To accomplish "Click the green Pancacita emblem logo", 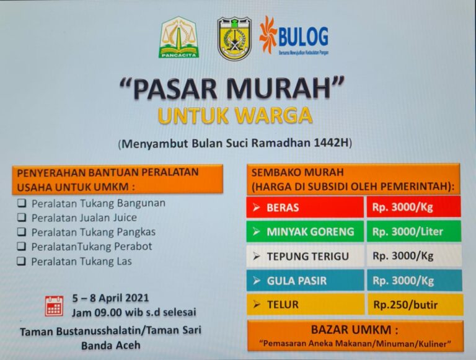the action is (x=178, y=37).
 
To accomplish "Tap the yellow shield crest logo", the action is (x=234, y=38).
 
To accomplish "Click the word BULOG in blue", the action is (x=303, y=37).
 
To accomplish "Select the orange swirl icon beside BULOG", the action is (x=268, y=35).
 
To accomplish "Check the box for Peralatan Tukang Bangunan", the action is (x=22, y=203).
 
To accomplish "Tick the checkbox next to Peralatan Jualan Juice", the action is (x=22, y=217).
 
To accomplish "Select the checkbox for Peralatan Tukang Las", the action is (x=22, y=261).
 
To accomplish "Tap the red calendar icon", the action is (x=55, y=305).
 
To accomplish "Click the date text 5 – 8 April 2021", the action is (x=110, y=298).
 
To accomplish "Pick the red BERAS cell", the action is (x=305, y=208).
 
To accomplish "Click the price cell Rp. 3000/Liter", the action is (x=414, y=232).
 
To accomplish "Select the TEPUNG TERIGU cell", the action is (x=305, y=256).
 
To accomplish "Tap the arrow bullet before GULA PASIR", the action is (x=257, y=281).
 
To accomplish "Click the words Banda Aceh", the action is (x=111, y=345).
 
